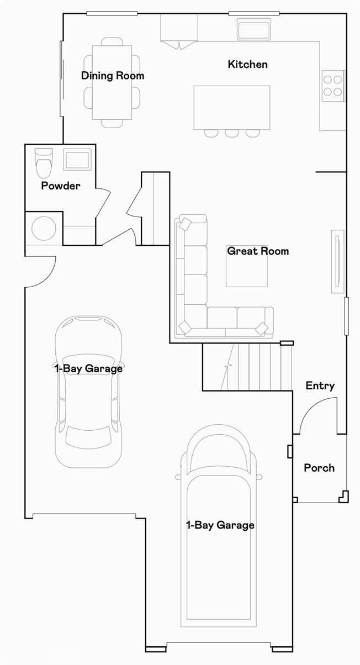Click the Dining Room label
click(113, 76)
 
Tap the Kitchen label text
click(247, 65)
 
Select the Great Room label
click(258, 251)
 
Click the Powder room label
click(60, 186)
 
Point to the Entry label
click(320, 386)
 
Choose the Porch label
click(319, 468)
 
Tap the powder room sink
click(76, 160)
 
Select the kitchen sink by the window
click(254, 29)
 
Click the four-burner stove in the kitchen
click(333, 85)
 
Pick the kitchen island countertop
click(232, 107)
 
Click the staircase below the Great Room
click(247, 367)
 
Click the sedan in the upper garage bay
click(88, 392)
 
